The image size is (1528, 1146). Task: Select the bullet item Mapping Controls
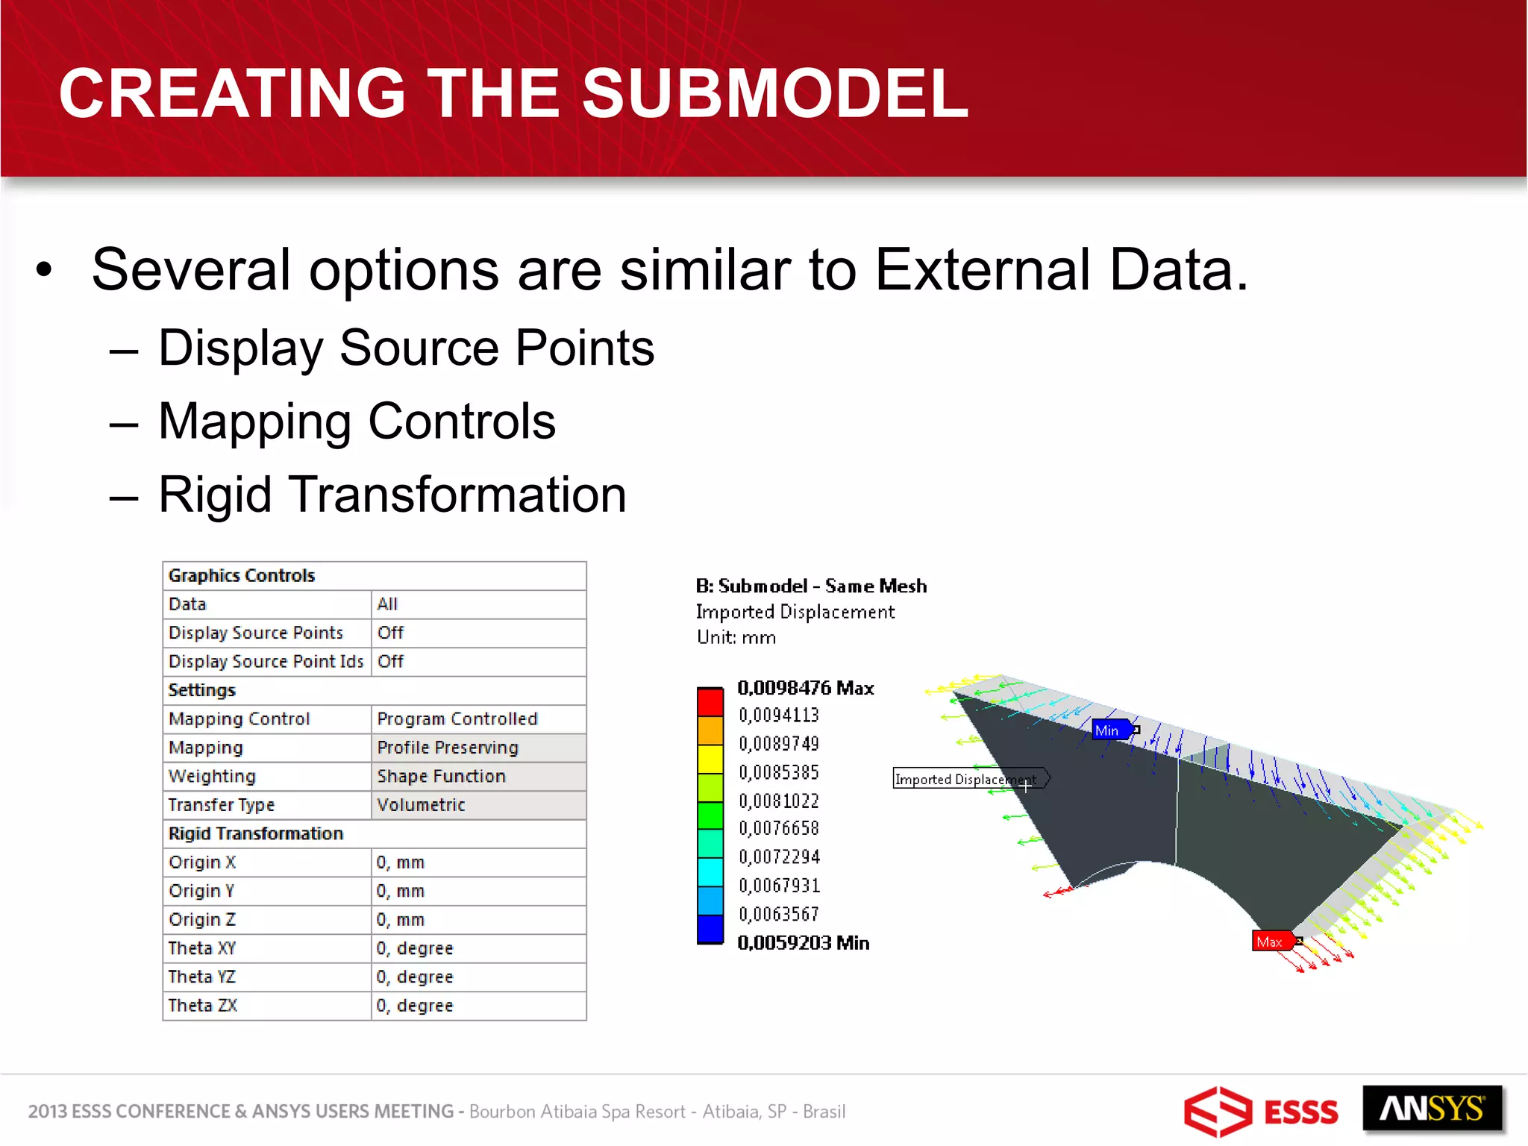pyautogui.click(x=357, y=422)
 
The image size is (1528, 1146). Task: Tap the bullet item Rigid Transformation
pyautogui.click(x=392, y=495)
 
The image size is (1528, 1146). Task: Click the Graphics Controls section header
pyautogui.click(x=242, y=575)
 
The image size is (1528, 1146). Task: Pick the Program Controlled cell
pyautogui.click(x=457, y=718)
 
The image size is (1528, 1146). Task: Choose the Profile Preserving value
pyautogui.click(x=448, y=748)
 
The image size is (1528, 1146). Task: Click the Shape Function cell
pyautogui.click(x=441, y=776)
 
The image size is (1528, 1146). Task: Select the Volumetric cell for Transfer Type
pyautogui.click(x=421, y=805)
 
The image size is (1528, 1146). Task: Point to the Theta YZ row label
pyautogui.click(x=201, y=977)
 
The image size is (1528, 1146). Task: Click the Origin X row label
pyautogui.click(x=202, y=862)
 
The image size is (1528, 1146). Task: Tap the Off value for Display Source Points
pyautogui.click(x=390, y=633)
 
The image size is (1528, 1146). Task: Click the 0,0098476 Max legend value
pyautogui.click(x=806, y=688)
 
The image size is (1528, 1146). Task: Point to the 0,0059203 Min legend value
pyautogui.click(x=804, y=943)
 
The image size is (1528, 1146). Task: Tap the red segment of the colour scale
pyautogui.click(x=710, y=702)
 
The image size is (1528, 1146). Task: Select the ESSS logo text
pyautogui.click(x=1301, y=1112)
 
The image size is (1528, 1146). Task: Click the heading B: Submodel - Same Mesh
pyautogui.click(x=812, y=586)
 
